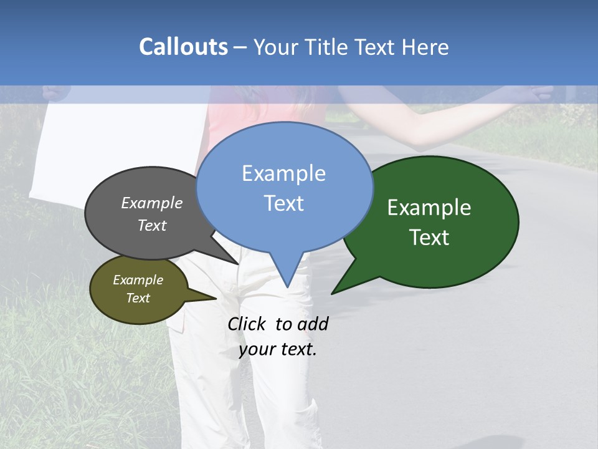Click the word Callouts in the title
[x=183, y=47]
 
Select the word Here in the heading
[x=425, y=47]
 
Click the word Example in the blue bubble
[x=283, y=173]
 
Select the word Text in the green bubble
[x=429, y=238]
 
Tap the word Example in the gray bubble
[x=152, y=203]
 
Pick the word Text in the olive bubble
[x=138, y=298]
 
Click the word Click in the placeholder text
[x=246, y=324]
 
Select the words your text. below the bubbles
[x=278, y=349]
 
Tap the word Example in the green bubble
[x=429, y=208]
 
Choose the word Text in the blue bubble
[x=283, y=203]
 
